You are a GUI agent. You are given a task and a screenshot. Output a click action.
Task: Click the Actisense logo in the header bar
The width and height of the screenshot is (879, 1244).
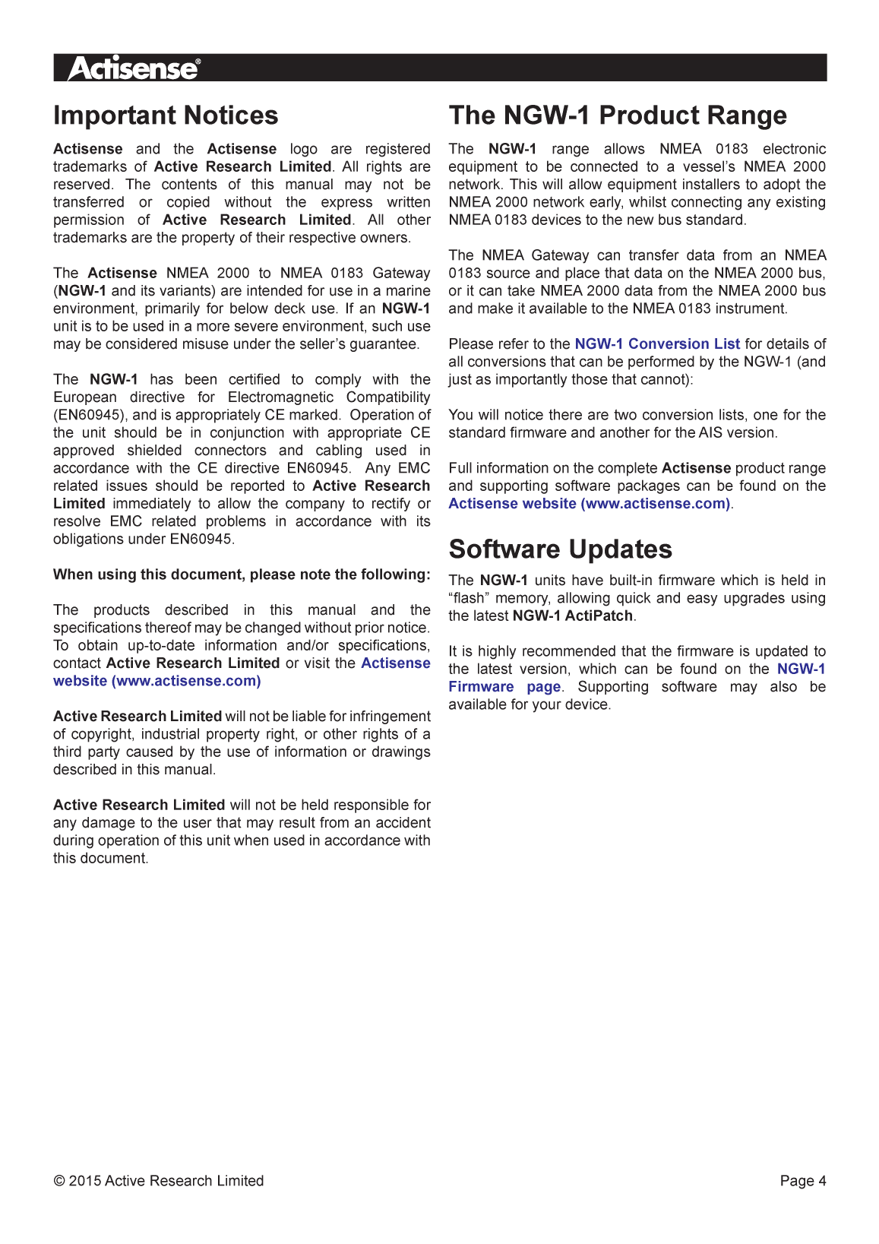(133, 68)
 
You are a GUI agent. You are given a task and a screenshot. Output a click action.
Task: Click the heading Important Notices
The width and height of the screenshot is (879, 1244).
(166, 116)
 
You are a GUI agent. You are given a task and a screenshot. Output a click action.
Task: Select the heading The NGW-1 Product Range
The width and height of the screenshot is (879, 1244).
(617, 116)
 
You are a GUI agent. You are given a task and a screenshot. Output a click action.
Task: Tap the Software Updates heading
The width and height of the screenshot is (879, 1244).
(560, 549)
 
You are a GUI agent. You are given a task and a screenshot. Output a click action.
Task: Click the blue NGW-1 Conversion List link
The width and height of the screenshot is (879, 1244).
(657, 344)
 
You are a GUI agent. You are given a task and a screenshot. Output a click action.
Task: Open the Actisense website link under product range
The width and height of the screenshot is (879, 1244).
(589, 504)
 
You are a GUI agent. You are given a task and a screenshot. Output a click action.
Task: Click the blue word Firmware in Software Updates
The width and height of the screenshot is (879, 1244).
(481, 687)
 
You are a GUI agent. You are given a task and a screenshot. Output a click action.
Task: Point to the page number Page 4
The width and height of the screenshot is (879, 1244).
(802, 1181)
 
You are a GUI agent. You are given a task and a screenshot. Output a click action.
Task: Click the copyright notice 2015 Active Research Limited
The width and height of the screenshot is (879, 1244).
(159, 1181)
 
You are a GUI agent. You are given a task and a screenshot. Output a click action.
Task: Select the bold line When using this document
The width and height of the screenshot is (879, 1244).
(242, 575)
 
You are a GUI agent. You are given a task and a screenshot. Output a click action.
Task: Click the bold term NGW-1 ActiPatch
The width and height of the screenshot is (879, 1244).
(573, 616)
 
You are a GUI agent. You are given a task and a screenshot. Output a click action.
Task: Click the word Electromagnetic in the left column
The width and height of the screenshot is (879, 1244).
(280, 397)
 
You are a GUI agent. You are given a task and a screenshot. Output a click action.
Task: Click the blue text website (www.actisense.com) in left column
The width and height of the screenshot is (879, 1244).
(157, 682)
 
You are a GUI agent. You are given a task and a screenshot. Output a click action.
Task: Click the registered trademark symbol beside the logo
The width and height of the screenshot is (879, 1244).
(198, 61)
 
